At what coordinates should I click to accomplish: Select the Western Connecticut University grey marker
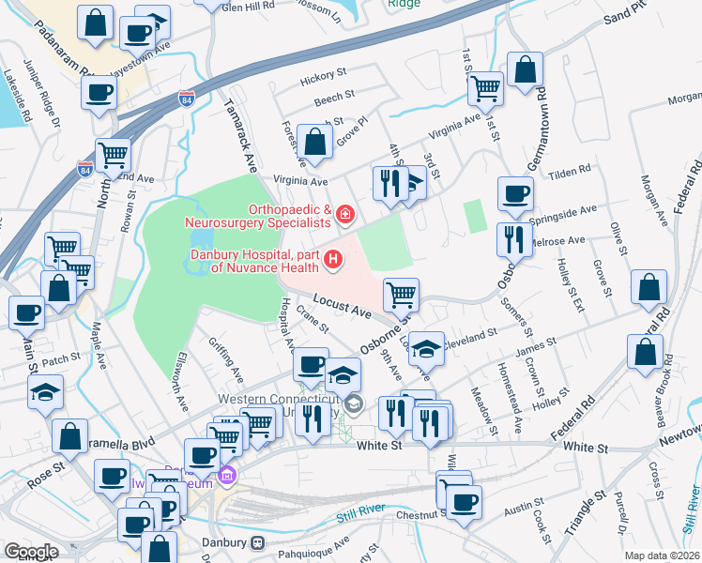[353, 405]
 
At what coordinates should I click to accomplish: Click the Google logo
[30, 552]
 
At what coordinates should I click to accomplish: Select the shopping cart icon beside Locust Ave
[401, 294]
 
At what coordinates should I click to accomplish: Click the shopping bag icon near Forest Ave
[316, 143]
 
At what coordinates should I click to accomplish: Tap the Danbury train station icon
[255, 542]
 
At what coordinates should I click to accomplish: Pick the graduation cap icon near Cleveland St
[427, 349]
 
